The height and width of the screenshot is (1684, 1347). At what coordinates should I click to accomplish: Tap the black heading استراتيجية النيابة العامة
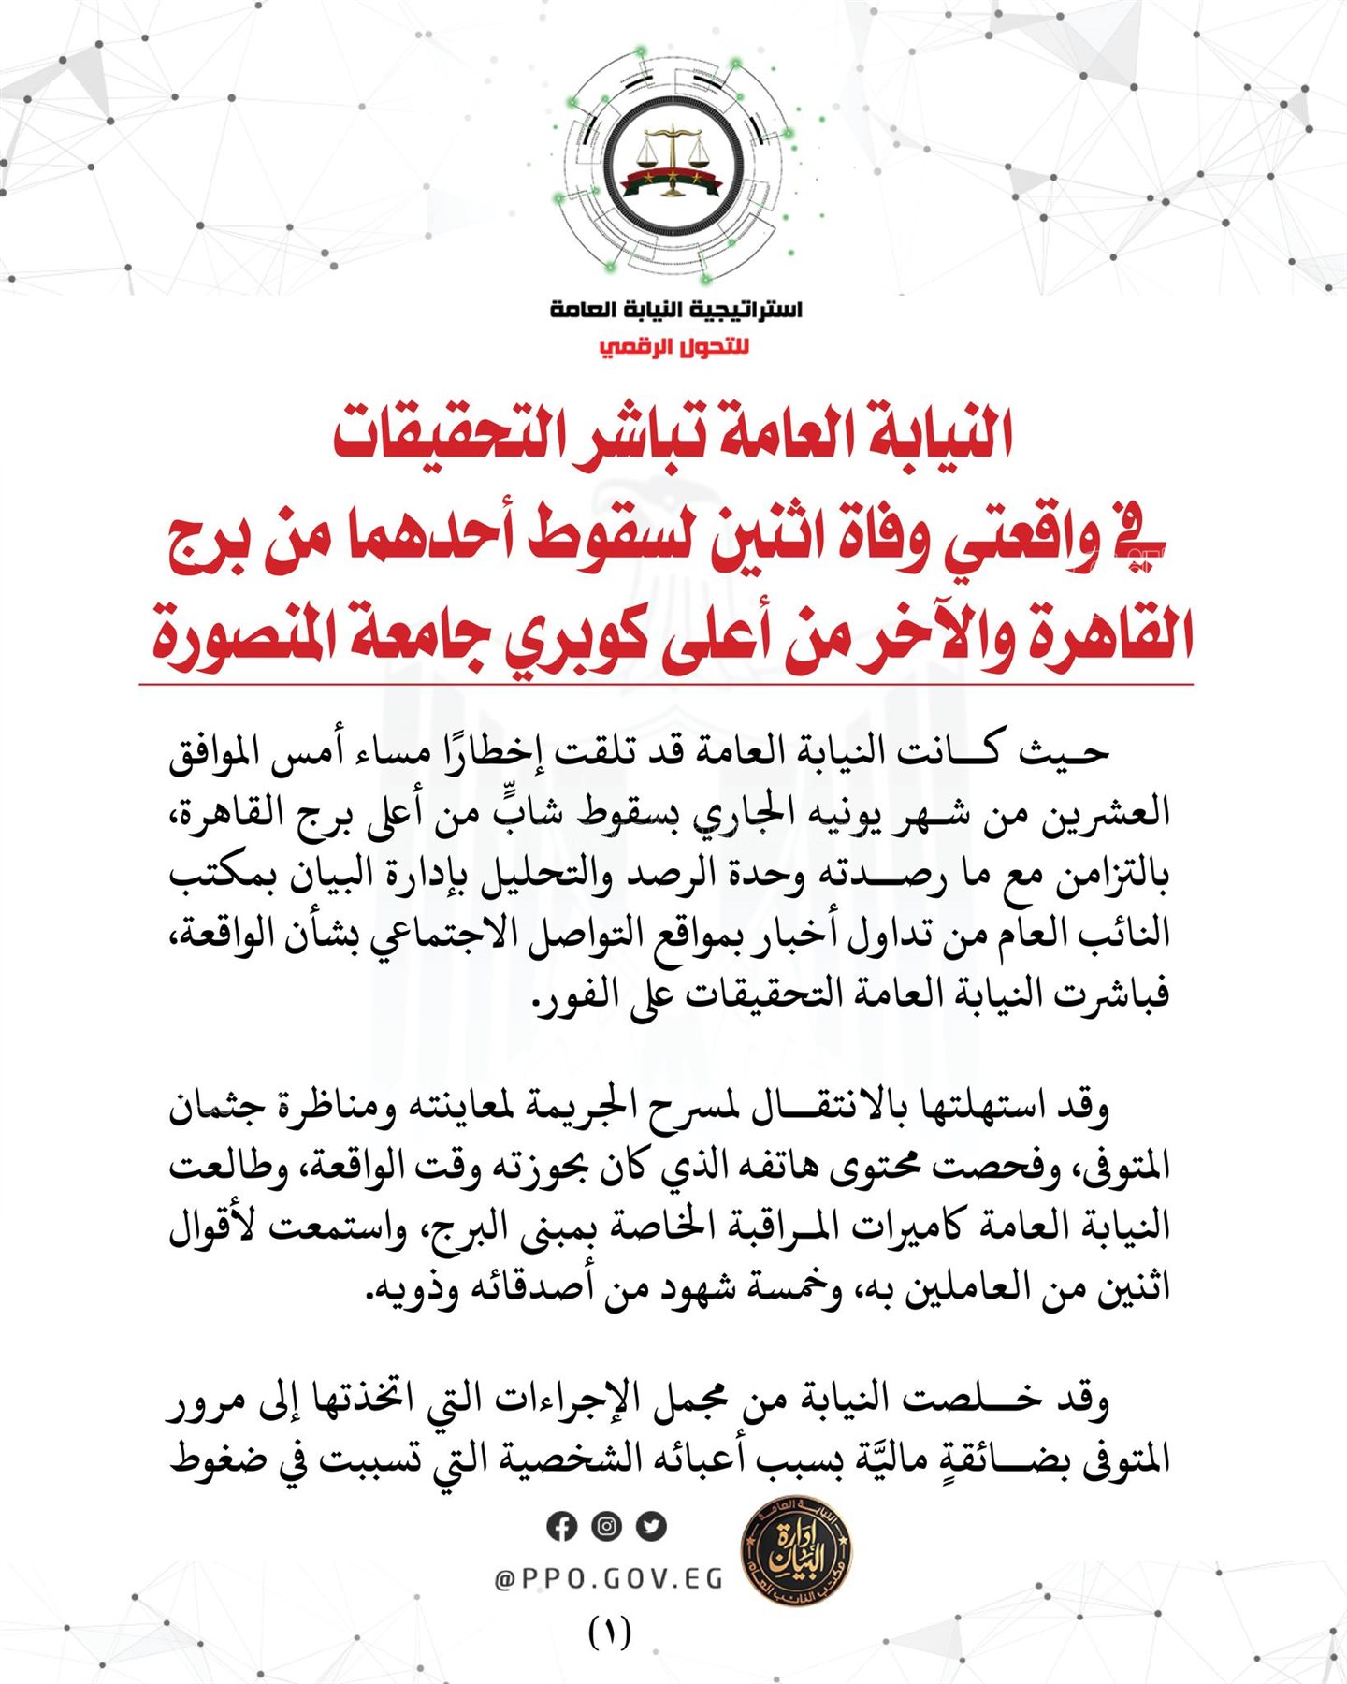(675, 310)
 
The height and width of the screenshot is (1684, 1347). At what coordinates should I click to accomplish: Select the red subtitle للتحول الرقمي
(674, 348)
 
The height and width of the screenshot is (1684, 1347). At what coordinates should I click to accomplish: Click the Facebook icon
(561, 1526)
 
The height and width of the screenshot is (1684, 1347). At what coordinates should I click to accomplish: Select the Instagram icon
(606, 1526)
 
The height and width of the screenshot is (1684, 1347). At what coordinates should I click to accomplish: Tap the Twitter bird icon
(651, 1526)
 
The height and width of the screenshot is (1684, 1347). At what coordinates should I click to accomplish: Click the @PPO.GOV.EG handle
(609, 1579)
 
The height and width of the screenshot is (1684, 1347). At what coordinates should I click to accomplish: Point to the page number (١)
(610, 1633)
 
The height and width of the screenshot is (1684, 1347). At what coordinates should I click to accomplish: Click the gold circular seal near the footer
(795, 1556)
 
